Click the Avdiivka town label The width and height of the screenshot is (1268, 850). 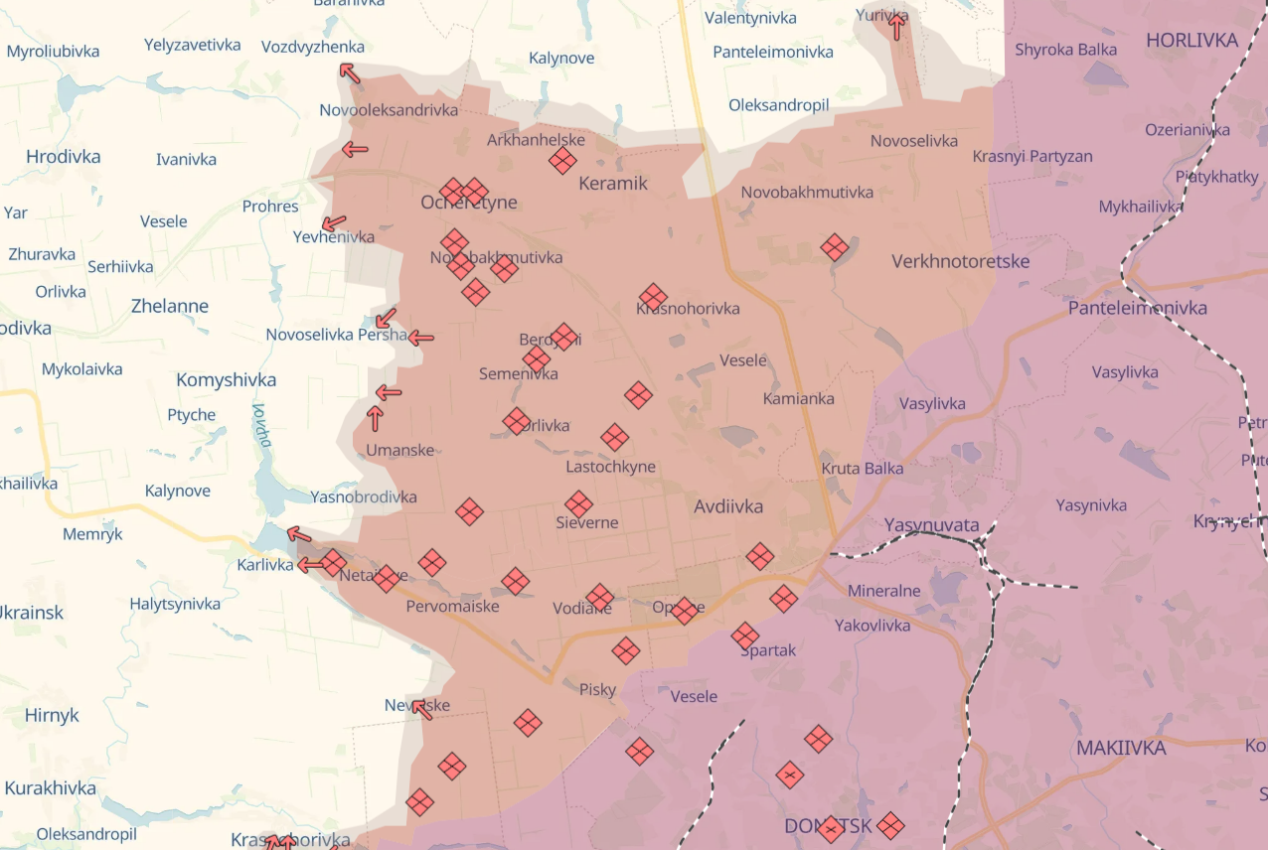(728, 506)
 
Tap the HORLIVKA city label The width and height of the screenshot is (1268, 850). (1191, 41)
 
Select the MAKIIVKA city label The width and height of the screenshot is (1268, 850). (1121, 748)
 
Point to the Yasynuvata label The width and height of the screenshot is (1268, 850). (931, 525)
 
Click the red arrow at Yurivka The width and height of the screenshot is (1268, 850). (896, 26)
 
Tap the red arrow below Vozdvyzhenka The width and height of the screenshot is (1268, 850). (349, 71)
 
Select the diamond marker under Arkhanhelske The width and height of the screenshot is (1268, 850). (562, 161)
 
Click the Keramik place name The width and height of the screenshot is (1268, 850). (612, 183)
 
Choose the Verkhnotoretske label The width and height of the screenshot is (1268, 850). (960, 262)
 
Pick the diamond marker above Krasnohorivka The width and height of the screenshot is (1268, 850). (653, 297)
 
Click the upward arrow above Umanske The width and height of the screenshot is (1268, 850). (376, 418)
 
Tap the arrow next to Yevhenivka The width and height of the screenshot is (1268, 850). (334, 223)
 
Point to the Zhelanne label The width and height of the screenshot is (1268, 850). (170, 306)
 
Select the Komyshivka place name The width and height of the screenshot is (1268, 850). (226, 380)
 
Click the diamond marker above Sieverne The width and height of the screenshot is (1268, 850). (579, 504)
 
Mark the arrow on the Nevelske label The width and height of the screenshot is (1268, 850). (422, 709)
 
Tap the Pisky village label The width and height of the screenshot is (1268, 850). (597, 689)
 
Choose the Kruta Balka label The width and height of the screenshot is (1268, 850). (862, 468)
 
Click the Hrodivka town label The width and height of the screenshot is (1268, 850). (63, 157)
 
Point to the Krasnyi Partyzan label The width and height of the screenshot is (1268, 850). (1032, 157)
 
